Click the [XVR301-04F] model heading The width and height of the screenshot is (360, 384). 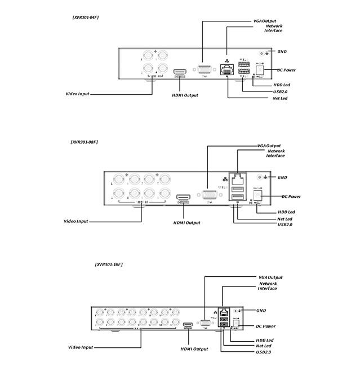pos(86,18)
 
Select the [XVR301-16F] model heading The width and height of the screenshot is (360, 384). pos(108,264)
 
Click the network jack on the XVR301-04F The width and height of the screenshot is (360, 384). pos(228,69)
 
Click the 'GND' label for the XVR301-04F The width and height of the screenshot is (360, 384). pos(282,51)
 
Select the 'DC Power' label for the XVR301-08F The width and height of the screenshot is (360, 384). pos(291,196)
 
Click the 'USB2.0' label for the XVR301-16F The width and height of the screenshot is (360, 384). pos(263,352)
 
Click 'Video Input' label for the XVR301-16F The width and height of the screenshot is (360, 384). pos(81,347)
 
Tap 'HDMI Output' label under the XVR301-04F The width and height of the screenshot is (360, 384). pos(185,95)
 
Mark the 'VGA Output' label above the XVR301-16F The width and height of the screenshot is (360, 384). pos(270,277)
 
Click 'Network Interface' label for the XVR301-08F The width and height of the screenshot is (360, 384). pos(275,153)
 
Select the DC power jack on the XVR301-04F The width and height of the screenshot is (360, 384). pos(260,69)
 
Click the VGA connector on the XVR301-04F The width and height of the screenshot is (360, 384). pos(203,70)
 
